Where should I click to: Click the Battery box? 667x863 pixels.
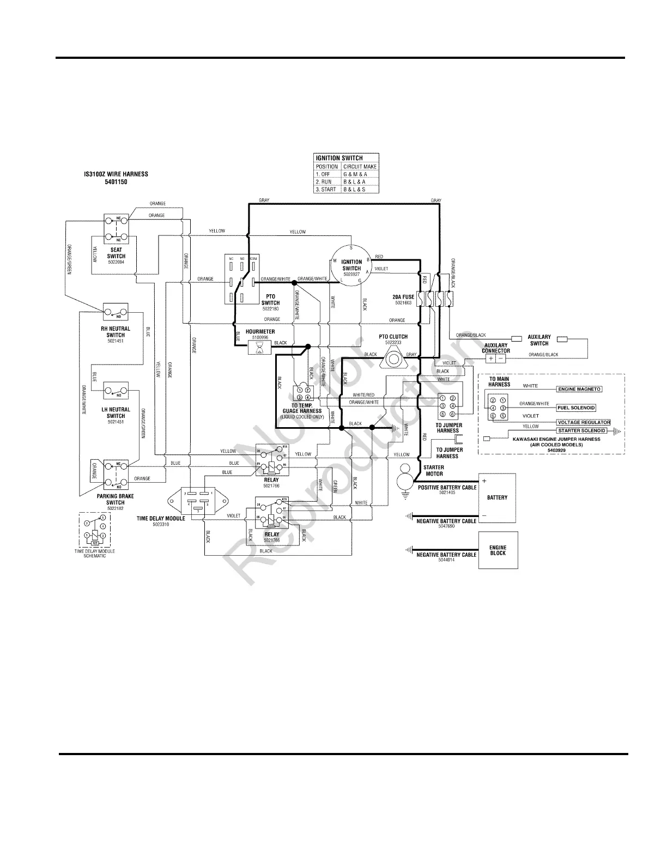tap(497, 497)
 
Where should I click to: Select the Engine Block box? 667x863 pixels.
tap(498, 550)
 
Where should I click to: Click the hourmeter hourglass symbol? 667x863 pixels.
tap(259, 347)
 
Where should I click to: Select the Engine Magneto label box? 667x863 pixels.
tap(579, 390)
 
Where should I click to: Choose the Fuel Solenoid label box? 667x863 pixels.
tap(576, 408)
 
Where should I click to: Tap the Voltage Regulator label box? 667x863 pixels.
tap(583, 422)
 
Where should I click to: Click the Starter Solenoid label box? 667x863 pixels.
tap(581, 430)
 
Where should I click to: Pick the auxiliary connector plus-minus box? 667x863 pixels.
tap(496, 358)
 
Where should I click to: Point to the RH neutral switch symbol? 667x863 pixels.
tap(116, 312)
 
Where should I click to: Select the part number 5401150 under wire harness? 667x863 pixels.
tap(116, 182)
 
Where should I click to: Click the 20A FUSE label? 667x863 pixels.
tap(403, 297)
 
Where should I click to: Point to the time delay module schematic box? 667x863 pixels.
tap(95, 530)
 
